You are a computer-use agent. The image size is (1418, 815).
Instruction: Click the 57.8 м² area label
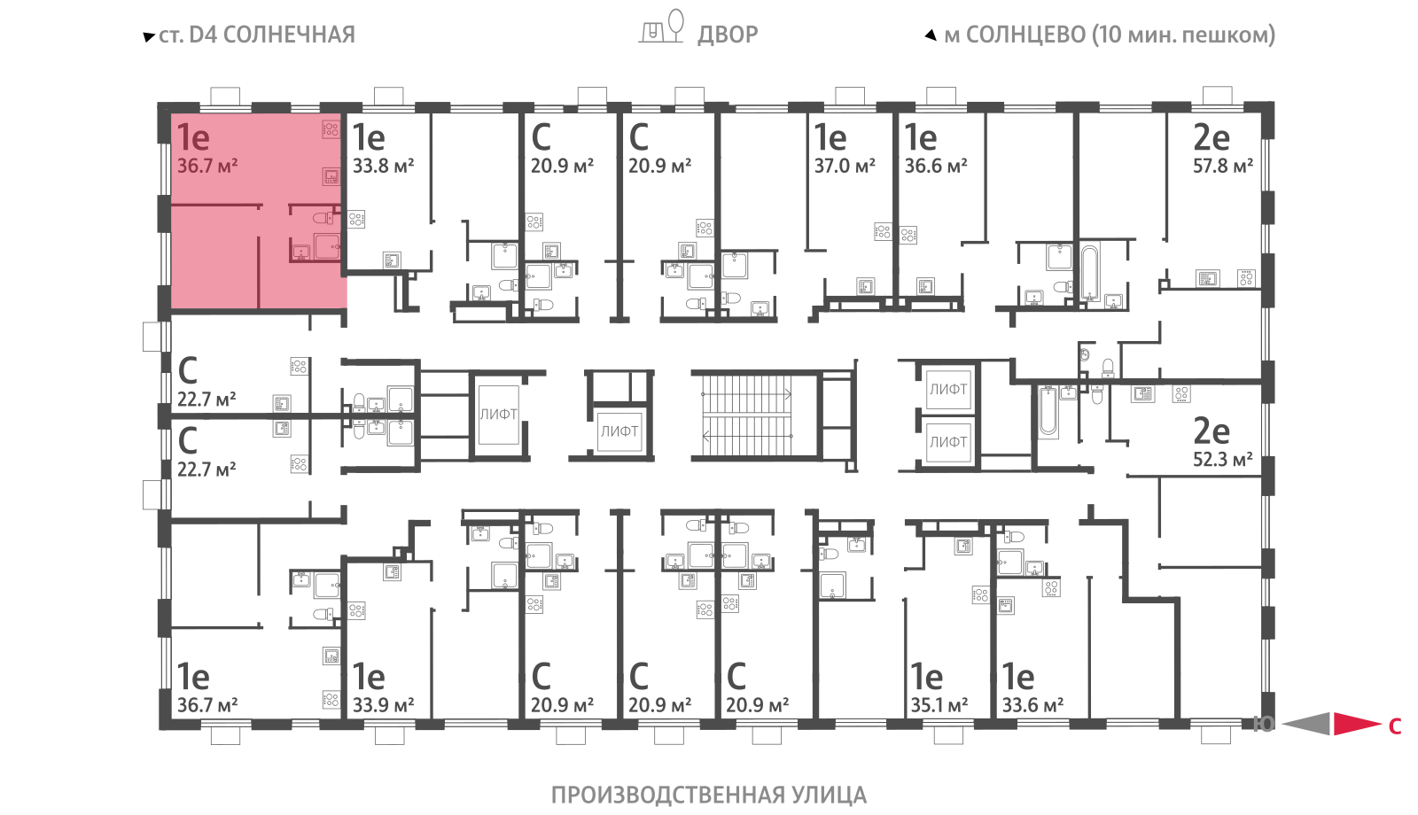[1223, 166]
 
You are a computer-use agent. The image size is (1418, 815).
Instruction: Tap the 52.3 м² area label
[1223, 460]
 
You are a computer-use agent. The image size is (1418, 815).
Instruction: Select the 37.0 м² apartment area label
[845, 166]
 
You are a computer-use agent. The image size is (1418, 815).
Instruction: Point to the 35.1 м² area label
[939, 705]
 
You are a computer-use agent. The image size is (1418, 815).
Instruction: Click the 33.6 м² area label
[1032, 705]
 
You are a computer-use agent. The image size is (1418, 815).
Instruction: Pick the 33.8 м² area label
[383, 166]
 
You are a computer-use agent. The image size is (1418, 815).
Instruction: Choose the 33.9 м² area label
[383, 705]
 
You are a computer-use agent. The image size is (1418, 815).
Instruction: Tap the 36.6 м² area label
[936, 166]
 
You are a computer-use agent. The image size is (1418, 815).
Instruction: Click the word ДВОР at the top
[728, 35]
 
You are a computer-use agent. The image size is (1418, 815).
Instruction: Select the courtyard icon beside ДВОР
[661, 27]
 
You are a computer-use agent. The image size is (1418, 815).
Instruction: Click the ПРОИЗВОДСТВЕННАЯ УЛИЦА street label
[709, 795]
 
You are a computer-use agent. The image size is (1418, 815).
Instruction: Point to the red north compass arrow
[1357, 724]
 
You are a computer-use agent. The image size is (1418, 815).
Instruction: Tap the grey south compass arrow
[1305, 724]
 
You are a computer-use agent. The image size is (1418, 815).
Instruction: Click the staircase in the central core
[747, 415]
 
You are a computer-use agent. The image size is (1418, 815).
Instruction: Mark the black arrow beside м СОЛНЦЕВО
[931, 35]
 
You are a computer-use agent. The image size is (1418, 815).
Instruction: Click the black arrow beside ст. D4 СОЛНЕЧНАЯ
[149, 36]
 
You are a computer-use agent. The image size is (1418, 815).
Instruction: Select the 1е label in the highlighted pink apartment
[193, 136]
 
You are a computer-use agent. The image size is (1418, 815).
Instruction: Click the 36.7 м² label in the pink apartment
[207, 166]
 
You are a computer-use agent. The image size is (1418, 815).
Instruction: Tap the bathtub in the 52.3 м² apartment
[1048, 412]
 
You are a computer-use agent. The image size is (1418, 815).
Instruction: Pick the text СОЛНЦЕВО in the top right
[1026, 35]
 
